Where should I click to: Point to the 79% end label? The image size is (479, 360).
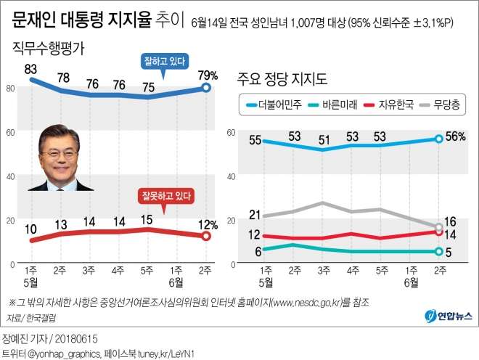click(206, 75)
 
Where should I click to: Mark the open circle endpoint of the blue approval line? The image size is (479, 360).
click(206, 88)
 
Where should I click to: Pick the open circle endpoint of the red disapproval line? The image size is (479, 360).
click(206, 235)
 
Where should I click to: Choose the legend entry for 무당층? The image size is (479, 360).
click(444, 105)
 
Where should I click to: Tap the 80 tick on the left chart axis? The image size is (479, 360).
click(10, 89)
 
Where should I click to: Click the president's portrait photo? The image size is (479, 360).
click(61, 157)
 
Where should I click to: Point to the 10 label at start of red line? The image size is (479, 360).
click(31, 229)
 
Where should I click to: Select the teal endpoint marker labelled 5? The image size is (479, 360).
click(439, 252)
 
